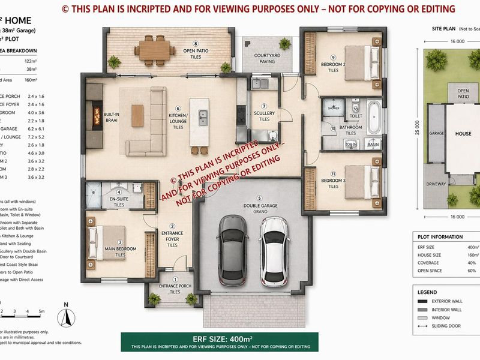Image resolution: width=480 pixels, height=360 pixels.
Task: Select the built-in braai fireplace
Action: pyautogui.click(x=94, y=113)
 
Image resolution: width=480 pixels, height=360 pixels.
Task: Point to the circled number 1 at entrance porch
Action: pyautogui.click(x=175, y=280)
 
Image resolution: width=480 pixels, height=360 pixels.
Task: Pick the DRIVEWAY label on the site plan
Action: pyautogui.click(x=436, y=184)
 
